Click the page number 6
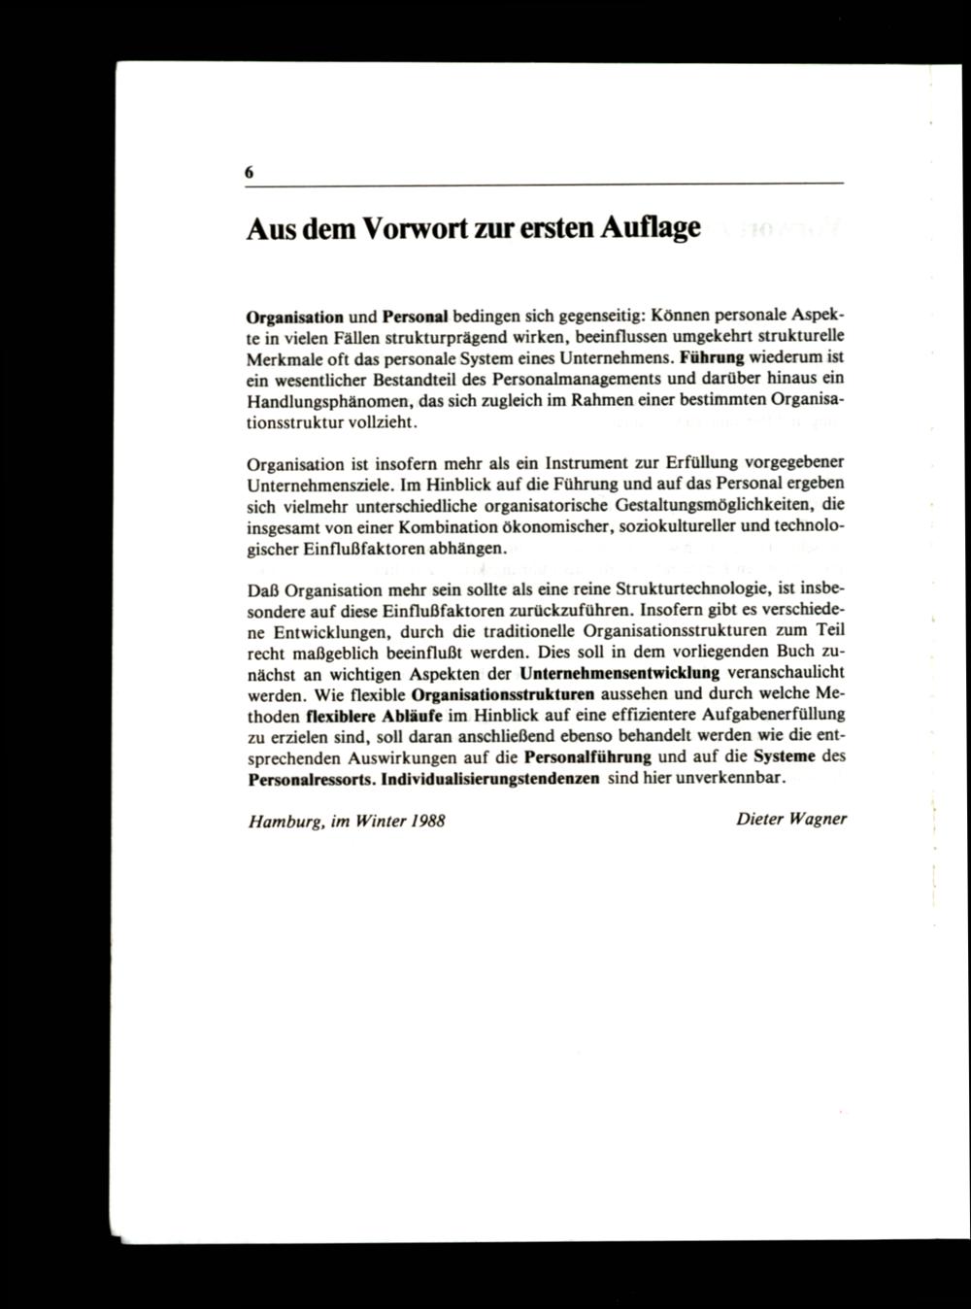point(250,172)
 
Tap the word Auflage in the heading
point(650,229)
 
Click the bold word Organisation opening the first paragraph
point(295,318)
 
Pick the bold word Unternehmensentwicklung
point(619,673)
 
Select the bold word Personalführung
point(586,757)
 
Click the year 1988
point(427,821)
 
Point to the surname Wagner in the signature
point(817,820)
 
